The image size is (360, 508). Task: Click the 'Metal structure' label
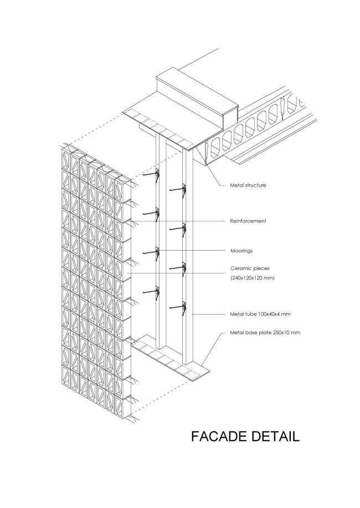click(x=248, y=185)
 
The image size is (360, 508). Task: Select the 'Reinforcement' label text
click(x=248, y=221)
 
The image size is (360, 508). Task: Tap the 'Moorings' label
click(x=241, y=251)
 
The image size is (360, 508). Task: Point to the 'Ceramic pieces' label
click(x=249, y=268)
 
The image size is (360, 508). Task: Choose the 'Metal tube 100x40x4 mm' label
click(x=260, y=314)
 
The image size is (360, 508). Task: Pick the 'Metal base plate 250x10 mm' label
click(x=265, y=333)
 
